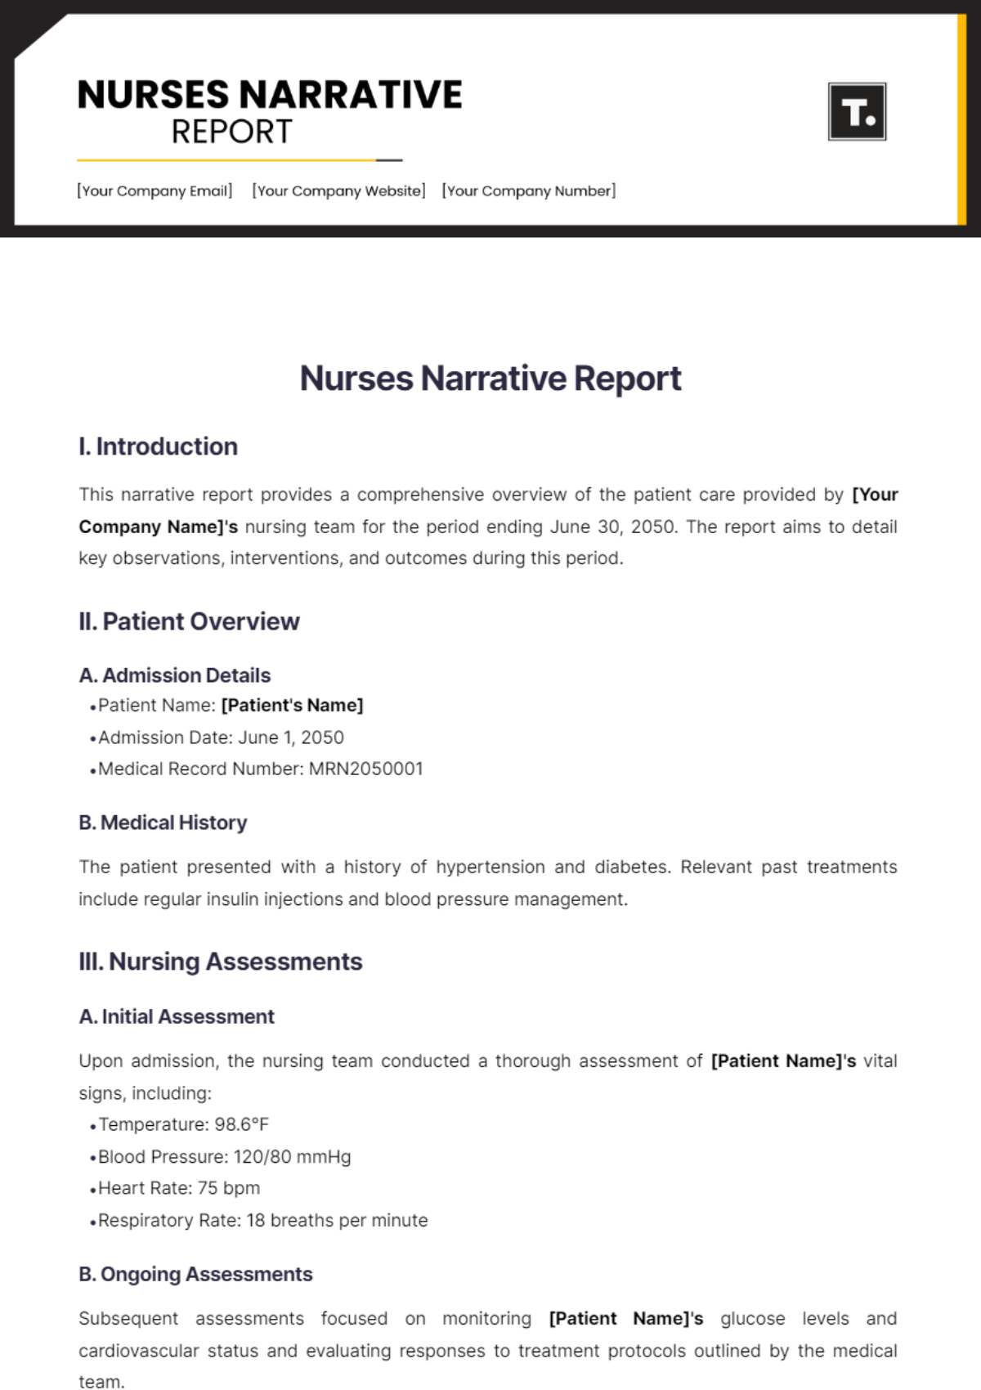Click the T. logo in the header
pyautogui.click(x=857, y=111)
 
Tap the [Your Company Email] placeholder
pyautogui.click(x=155, y=191)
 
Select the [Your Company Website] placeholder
pyautogui.click(x=338, y=191)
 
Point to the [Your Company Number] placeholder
pyautogui.click(x=529, y=191)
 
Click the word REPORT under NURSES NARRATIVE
pyautogui.click(x=231, y=132)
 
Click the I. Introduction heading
pyautogui.click(x=158, y=446)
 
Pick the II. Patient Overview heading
pyautogui.click(x=189, y=621)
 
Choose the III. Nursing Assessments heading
pyautogui.click(x=220, y=962)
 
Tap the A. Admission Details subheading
pyautogui.click(x=174, y=675)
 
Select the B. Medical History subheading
pyautogui.click(x=163, y=823)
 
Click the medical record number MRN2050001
pyautogui.click(x=365, y=769)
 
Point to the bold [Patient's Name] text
pyautogui.click(x=292, y=706)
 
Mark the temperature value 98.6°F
pyautogui.click(x=241, y=1125)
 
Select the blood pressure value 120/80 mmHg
pyautogui.click(x=292, y=1157)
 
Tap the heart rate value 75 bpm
pyautogui.click(x=229, y=1188)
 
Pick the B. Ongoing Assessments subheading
pyautogui.click(x=195, y=1274)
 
